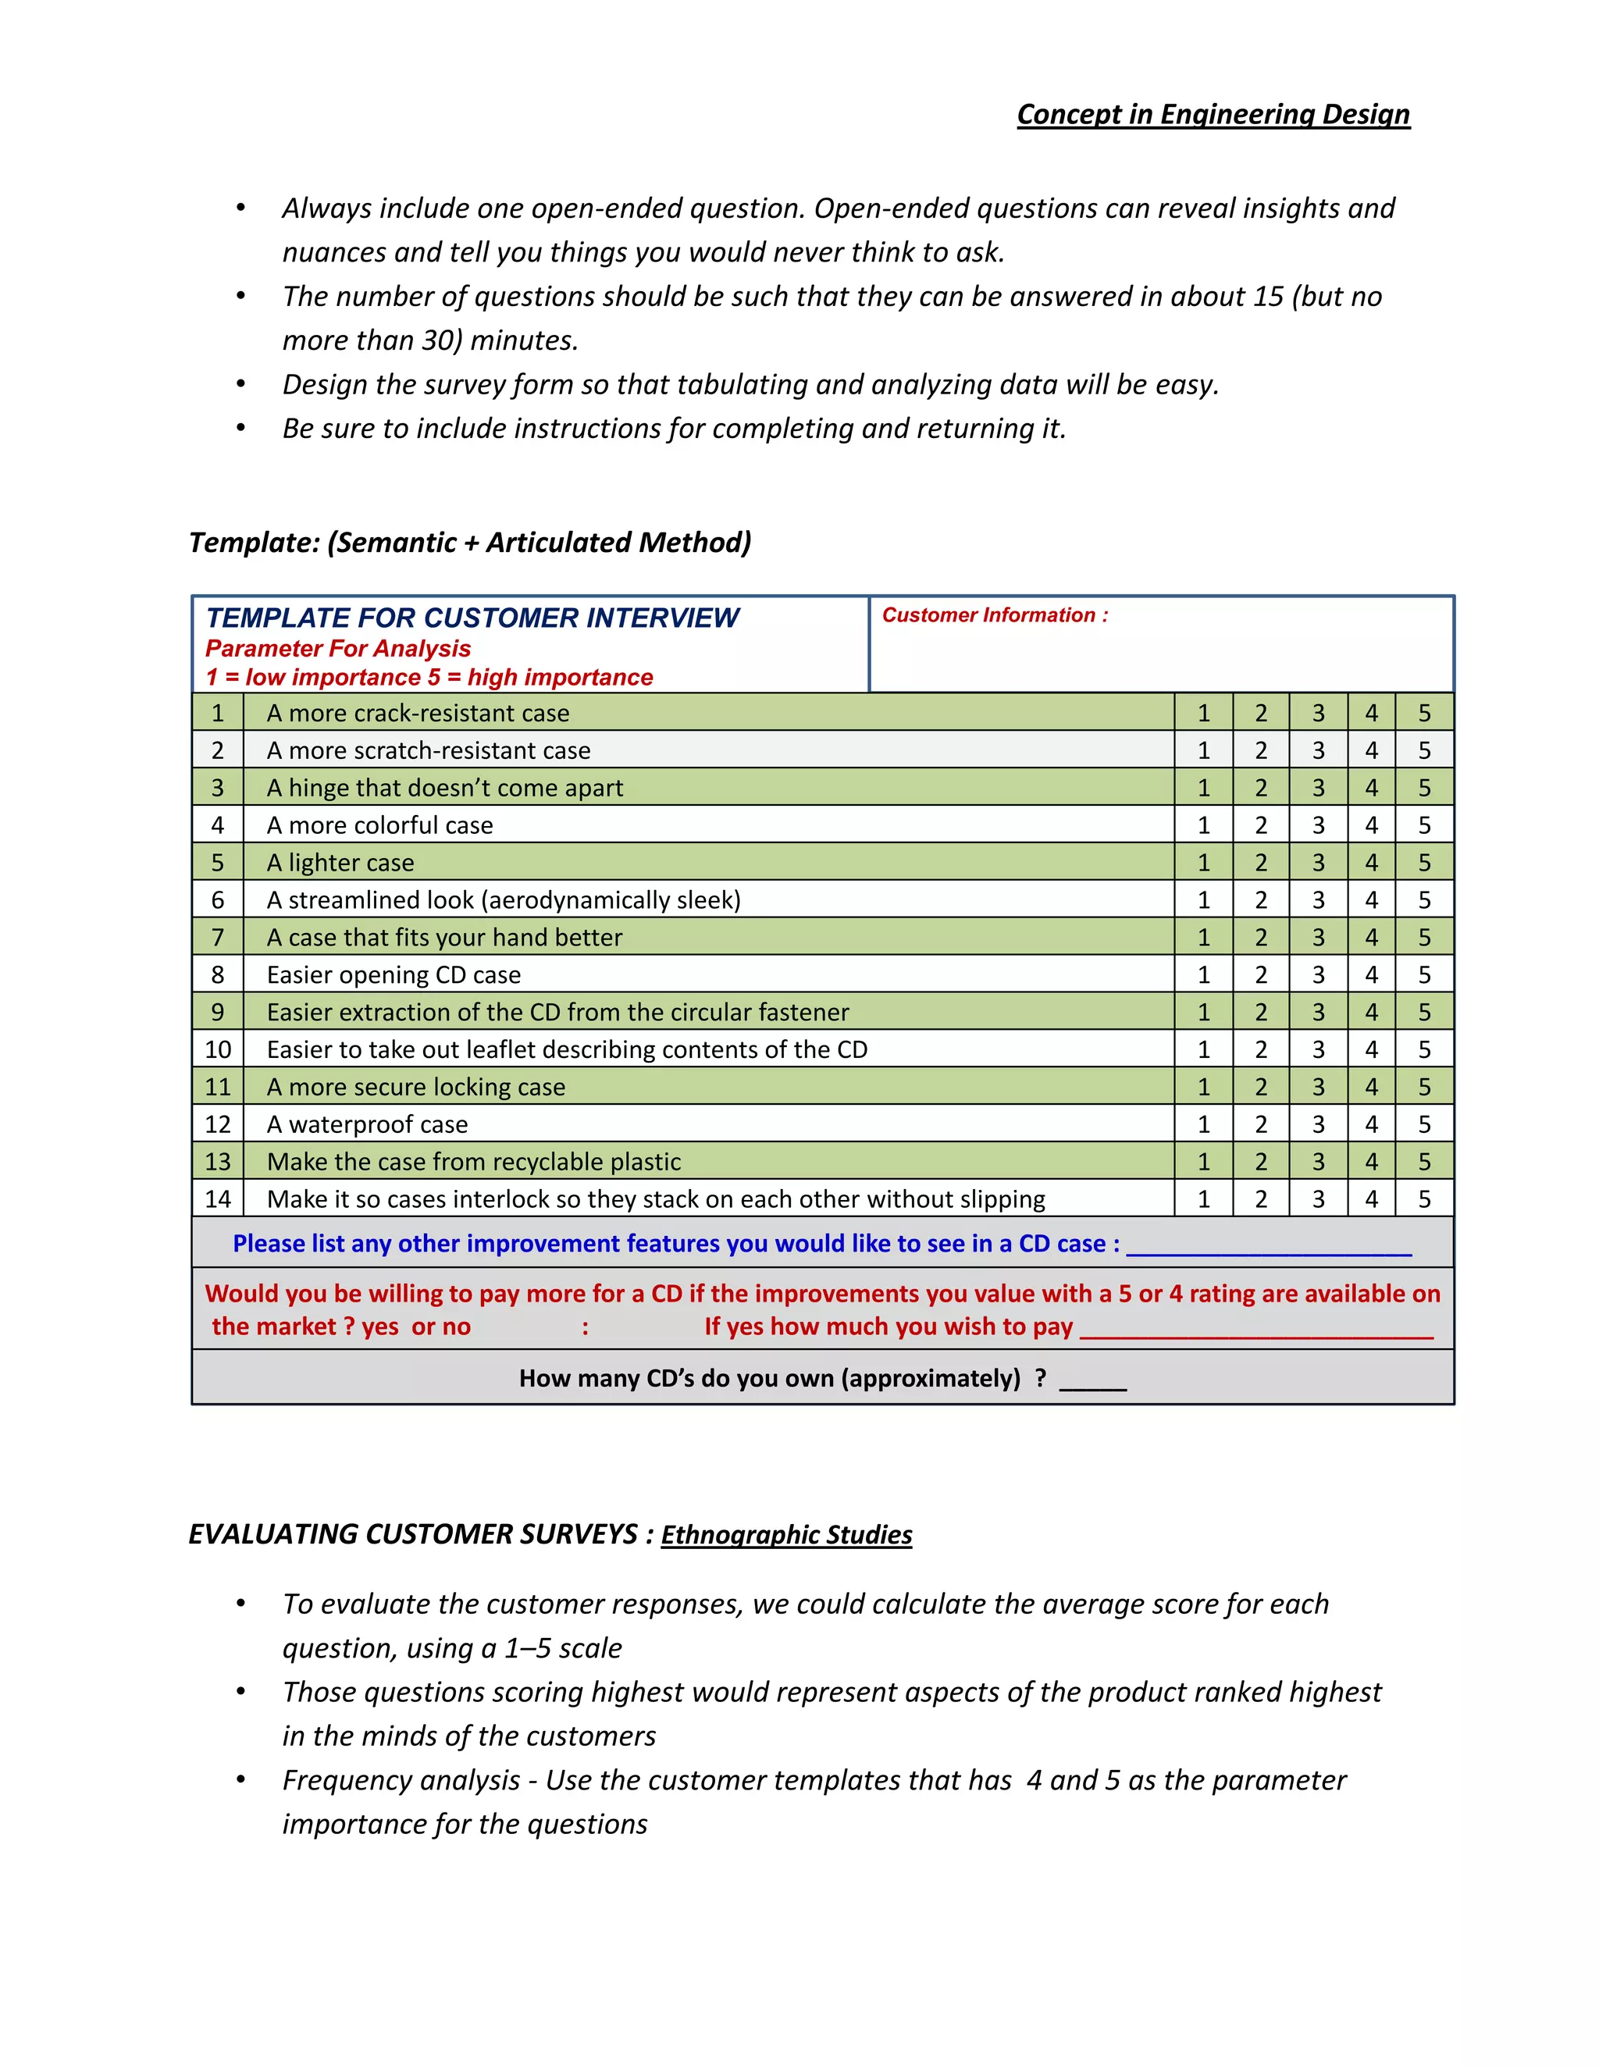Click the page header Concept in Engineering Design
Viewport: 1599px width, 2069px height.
(1213, 115)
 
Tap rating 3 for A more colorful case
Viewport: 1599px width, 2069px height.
(1318, 825)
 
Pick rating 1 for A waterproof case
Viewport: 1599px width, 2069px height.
(1203, 1124)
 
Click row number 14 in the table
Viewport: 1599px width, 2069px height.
(218, 1199)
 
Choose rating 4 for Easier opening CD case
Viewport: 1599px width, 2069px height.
(1371, 975)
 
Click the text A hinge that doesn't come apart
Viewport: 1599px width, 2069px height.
(444, 789)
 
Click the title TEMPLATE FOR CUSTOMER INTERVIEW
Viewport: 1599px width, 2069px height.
(472, 618)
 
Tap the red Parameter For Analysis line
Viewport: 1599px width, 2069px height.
(338, 649)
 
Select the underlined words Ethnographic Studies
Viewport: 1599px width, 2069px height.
(786, 1535)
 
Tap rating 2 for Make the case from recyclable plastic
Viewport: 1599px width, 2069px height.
(1261, 1163)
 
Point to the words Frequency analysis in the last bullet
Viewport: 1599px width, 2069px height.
(401, 1781)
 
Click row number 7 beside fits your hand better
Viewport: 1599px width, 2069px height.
(218, 938)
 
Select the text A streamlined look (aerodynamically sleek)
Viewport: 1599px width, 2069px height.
(503, 900)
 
